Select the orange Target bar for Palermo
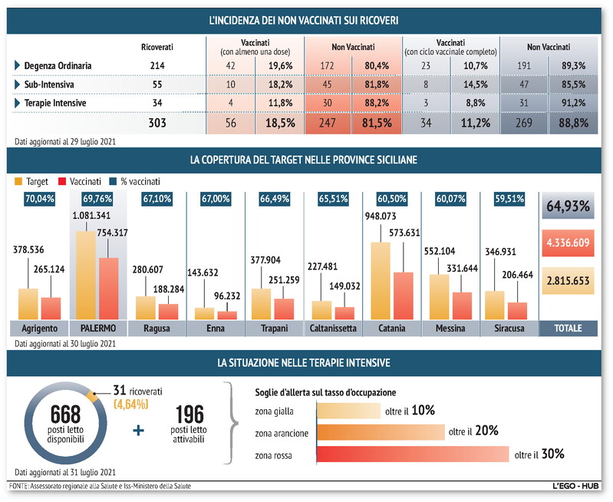pyautogui.click(x=85, y=274)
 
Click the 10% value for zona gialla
pyautogui.click(x=423, y=411)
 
